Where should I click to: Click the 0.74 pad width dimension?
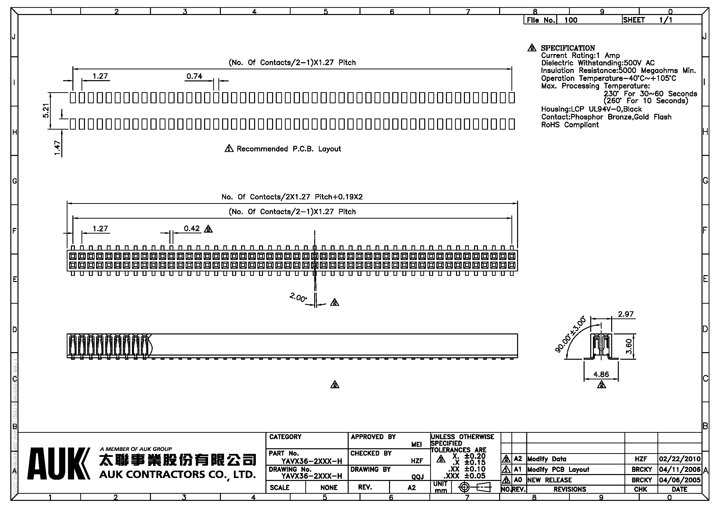[x=195, y=76]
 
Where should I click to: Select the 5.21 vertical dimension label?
[x=46, y=111]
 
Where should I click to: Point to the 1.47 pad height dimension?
[x=57, y=148]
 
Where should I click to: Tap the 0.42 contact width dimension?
[x=192, y=228]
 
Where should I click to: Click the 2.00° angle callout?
[x=298, y=297]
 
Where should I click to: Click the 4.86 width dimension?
[x=601, y=374]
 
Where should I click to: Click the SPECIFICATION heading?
[x=568, y=48]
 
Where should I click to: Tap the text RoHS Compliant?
[x=570, y=125]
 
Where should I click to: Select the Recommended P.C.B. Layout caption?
[x=289, y=149]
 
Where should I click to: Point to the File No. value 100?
[x=571, y=20]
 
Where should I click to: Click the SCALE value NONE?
[x=329, y=488]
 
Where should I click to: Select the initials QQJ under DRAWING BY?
[x=417, y=477]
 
